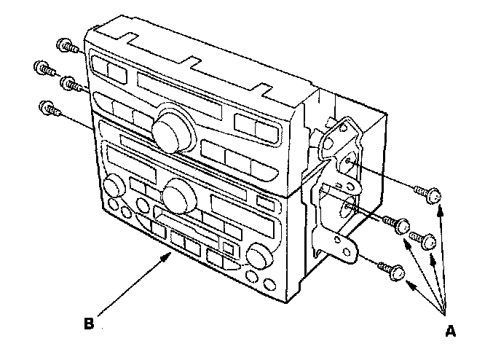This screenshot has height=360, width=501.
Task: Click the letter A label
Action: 450,332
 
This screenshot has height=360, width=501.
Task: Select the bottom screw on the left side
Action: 46,109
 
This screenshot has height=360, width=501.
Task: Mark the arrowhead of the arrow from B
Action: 169,254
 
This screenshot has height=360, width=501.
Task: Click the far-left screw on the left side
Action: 42,69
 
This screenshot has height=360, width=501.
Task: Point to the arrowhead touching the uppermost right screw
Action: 438,207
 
